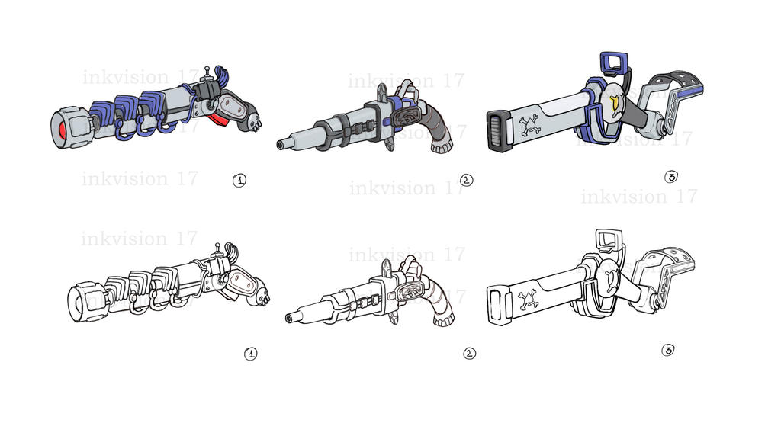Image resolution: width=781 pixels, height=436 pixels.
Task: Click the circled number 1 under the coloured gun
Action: tap(239, 180)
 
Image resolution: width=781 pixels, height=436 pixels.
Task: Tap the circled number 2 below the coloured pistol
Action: tap(467, 180)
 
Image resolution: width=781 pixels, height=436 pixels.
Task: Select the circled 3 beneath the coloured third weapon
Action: tap(671, 177)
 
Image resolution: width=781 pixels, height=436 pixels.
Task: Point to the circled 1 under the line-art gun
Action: tap(250, 354)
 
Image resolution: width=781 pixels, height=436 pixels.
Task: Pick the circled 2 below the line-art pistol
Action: tap(469, 353)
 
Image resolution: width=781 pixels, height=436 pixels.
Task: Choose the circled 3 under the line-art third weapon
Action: tap(668, 350)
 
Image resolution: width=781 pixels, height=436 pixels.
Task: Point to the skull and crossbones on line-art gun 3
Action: tap(529, 299)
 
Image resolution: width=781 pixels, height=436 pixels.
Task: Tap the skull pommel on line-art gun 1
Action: tap(264, 296)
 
